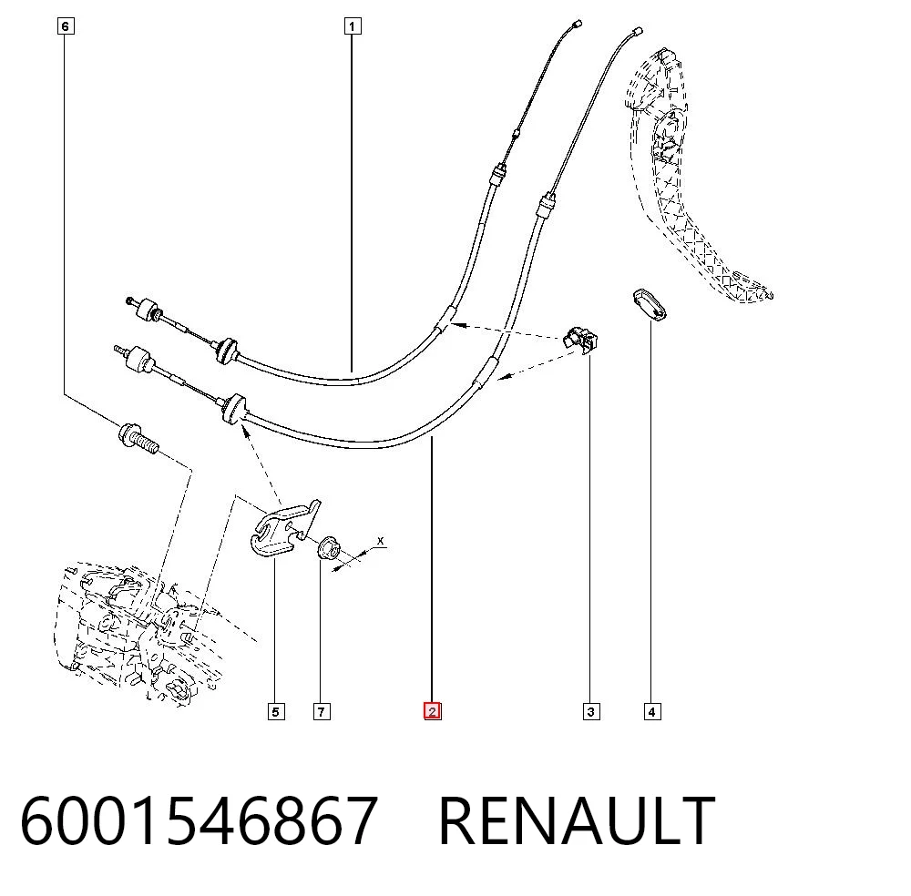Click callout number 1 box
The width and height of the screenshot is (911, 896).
click(x=352, y=26)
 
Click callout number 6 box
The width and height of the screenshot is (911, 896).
click(x=66, y=26)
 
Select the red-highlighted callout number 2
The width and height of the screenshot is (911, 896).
click(x=432, y=711)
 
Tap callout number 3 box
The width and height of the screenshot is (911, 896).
click(x=591, y=711)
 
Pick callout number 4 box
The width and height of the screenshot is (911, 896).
click(x=652, y=711)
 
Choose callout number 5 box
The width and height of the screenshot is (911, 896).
click(x=276, y=711)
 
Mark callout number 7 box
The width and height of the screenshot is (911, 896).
click(x=322, y=711)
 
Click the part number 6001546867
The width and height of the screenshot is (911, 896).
click(x=199, y=820)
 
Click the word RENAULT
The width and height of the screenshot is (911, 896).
click(x=577, y=820)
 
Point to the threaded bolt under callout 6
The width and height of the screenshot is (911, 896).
click(x=138, y=438)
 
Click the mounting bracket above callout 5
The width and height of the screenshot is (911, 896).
click(x=284, y=528)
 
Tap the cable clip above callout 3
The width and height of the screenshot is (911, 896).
click(x=581, y=339)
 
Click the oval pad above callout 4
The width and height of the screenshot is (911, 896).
click(x=650, y=304)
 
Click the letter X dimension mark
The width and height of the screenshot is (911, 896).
click(x=381, y=541)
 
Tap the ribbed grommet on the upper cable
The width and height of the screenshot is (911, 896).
click(x=225, y=351)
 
